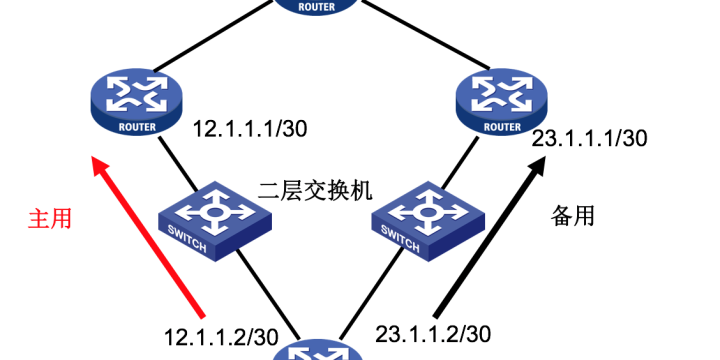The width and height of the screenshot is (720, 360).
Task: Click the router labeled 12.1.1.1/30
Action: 136,102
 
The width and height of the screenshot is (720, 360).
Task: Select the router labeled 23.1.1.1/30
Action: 503,102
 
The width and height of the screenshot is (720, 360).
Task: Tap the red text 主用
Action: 49,218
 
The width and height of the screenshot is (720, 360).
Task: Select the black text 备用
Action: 573,214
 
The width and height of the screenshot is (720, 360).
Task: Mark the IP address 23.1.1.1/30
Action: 590,138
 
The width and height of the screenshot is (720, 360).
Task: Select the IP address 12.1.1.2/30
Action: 222,334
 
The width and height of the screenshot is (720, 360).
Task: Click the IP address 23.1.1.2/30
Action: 433,332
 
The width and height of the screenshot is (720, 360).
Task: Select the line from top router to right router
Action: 415,41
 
